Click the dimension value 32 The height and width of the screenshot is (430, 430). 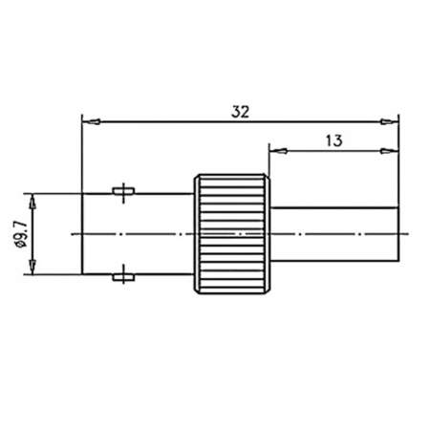pyautogui.click(x=240, y=111)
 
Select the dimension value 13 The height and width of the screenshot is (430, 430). pyautogui.click(x=333, y=140)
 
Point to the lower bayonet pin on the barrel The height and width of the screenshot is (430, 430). pyautogui.click(x=122, y=277)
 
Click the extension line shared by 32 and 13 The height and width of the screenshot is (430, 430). pyautogui.click(x=398, y=162)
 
